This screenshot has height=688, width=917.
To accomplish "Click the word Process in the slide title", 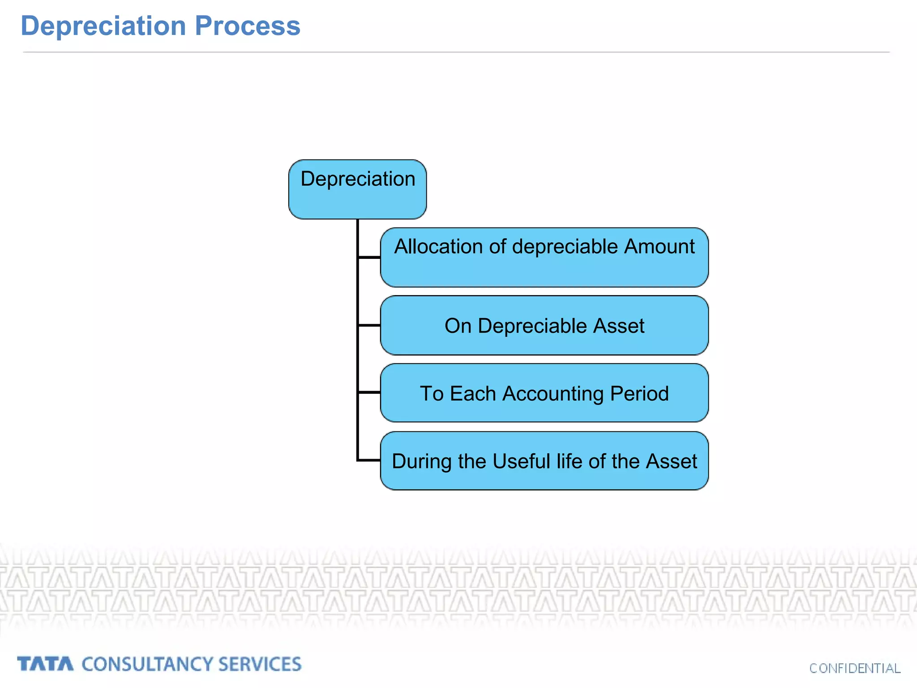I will [247, 26].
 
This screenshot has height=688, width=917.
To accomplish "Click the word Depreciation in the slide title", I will [103, 26].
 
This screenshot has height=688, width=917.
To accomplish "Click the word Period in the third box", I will [639, 394].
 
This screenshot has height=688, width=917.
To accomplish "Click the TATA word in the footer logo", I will [45, 664].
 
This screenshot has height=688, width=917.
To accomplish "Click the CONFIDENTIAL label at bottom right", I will [854, 668].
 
